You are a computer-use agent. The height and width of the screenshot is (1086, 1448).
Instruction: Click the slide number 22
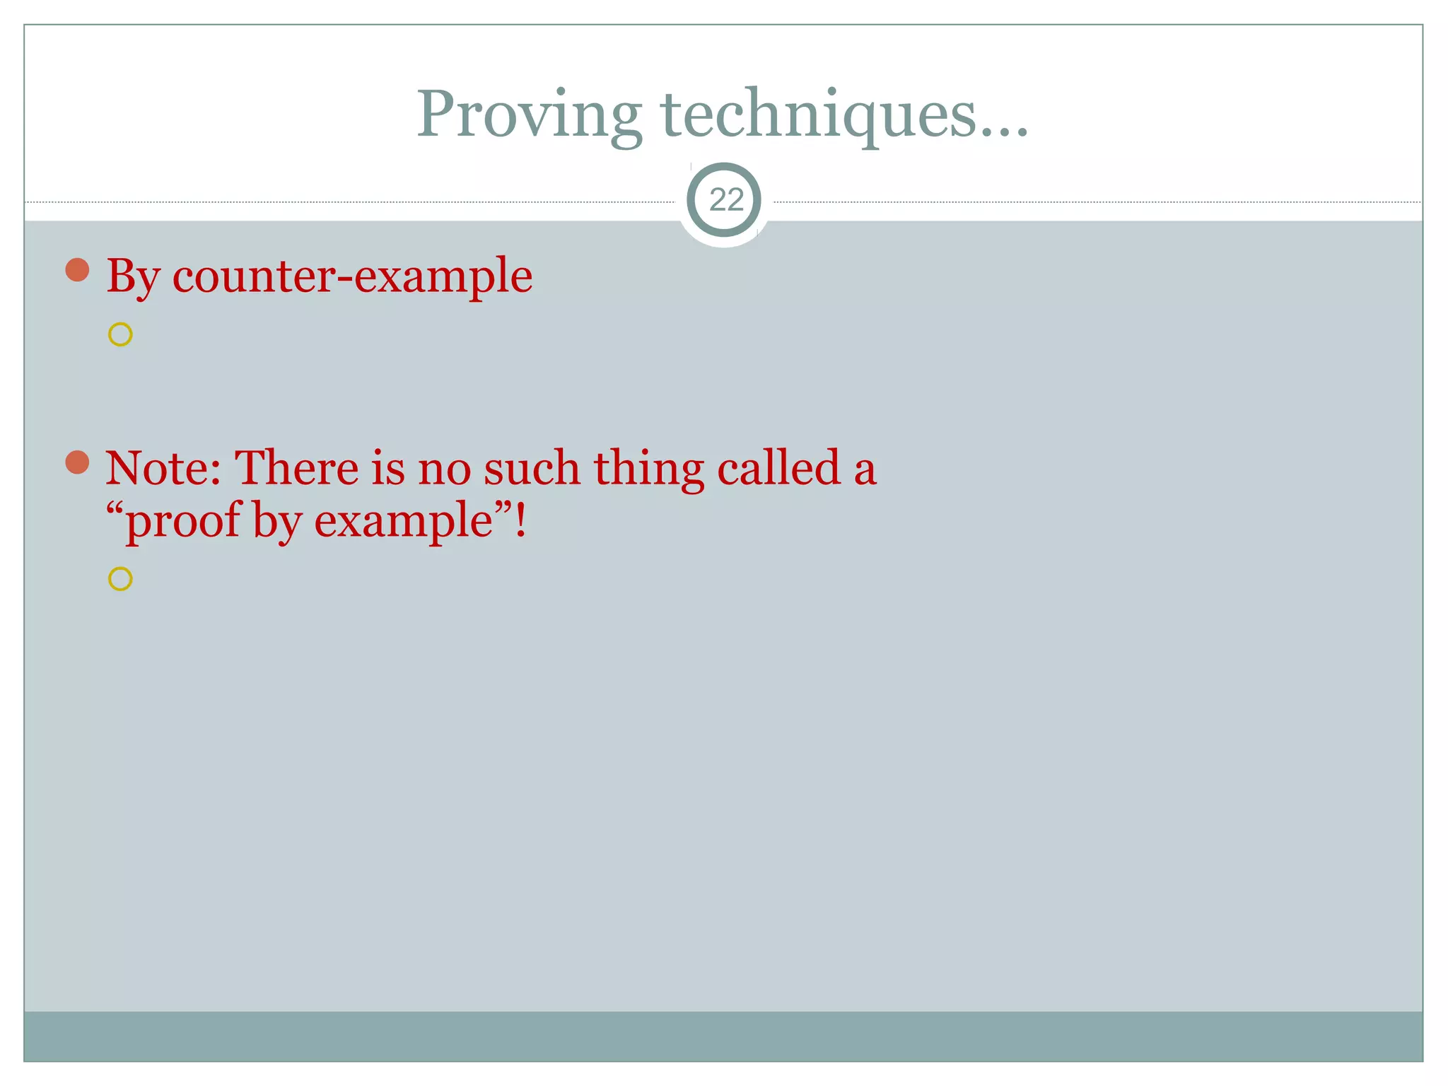726,200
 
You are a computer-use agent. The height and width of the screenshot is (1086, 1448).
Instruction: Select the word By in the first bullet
133,276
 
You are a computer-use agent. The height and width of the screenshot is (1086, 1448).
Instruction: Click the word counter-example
352,276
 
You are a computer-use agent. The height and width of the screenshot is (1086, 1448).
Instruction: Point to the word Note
163,468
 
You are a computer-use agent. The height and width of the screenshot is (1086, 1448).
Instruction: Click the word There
296,468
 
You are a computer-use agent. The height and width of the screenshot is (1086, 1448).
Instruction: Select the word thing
648,469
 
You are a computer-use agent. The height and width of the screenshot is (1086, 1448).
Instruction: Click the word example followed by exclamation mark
404,522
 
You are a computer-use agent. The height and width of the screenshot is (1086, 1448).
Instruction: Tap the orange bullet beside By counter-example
77,269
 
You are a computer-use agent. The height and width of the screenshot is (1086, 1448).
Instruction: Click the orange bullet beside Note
77,462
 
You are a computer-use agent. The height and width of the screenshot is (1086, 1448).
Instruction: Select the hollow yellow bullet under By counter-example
120,334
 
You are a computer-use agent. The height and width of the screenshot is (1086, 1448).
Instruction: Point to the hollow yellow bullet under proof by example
120,579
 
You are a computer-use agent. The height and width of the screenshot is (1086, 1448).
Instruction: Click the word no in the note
444,468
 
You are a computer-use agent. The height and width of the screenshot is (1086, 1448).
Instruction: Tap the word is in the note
387,468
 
